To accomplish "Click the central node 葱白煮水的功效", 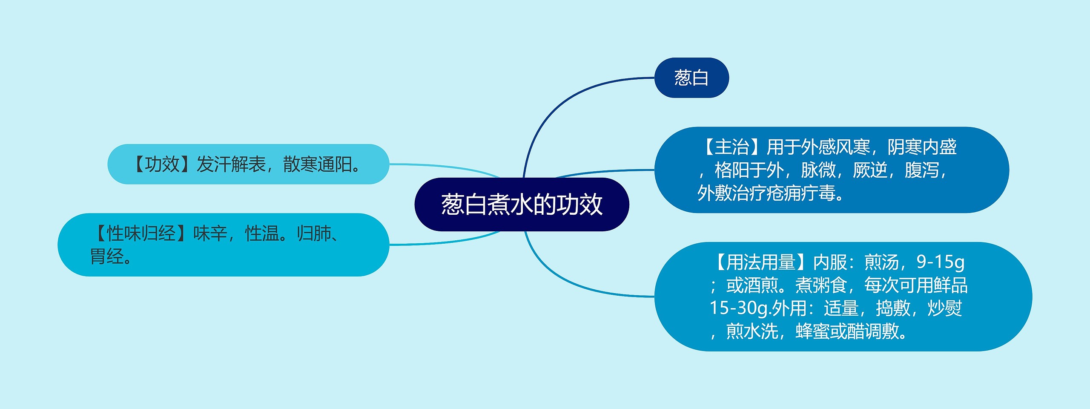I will point(522,204).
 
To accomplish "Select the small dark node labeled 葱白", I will point(691,78).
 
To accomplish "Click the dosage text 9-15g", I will point(940,262).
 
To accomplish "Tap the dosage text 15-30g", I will point(739,308).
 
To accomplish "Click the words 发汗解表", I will point(231,164).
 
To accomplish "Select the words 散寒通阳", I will point(317,164).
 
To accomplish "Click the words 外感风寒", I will point(835,147).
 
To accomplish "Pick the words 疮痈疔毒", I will point(800,193).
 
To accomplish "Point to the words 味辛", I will point(210,233).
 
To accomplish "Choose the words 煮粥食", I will point(821,285).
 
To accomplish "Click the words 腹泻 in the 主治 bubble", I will point(921,170).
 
